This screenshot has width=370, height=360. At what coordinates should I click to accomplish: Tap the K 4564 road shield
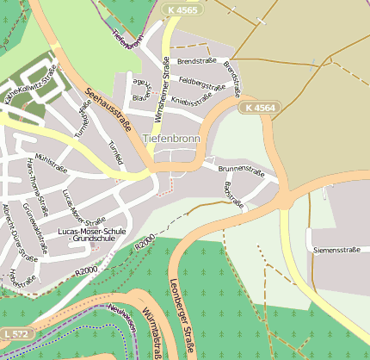pyautogui.click(x=259, y=108)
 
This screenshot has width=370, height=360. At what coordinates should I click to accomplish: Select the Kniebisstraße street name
pyautogui.click(x=192, y=101)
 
